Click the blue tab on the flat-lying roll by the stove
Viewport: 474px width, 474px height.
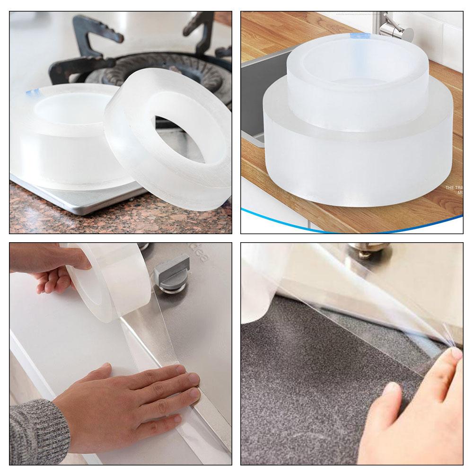[x=33, y=91]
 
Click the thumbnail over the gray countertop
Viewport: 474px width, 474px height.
[x=390, y=389]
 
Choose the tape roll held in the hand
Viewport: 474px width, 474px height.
[x=109, y=284]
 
